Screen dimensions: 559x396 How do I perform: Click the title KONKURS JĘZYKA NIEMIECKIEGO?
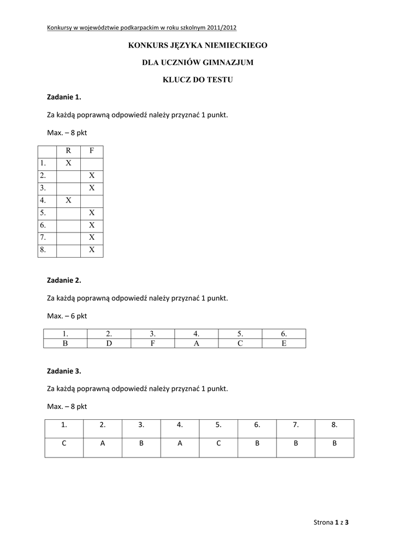click(198, 45)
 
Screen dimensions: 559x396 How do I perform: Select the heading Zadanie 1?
click(64, 97)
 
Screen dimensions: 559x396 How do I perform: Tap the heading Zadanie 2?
click(64, 280)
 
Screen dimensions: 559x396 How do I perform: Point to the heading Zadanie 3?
click(64, 371)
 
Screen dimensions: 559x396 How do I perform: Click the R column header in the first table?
click(68, 151)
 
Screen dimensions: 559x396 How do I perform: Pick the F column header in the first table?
click(92, 151)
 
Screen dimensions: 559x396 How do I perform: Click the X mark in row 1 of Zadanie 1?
click(68, 163)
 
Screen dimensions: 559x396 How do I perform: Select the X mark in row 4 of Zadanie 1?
click(68, 200)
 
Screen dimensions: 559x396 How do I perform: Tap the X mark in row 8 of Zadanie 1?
click(92, 250)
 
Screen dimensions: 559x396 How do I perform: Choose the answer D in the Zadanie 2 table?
click(109, 343)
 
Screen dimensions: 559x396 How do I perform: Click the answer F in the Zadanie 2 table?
click(152, 343)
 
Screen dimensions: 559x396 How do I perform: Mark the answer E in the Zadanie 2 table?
click(283, 343)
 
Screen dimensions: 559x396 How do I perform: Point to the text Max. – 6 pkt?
click(67, 316)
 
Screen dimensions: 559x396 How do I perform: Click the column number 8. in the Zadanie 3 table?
click(334, 425)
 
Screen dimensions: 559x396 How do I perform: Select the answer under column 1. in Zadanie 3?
click(64, 444)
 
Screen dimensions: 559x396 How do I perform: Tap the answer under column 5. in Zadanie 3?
click(218, 444)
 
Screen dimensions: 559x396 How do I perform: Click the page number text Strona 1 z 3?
click(330, 522)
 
